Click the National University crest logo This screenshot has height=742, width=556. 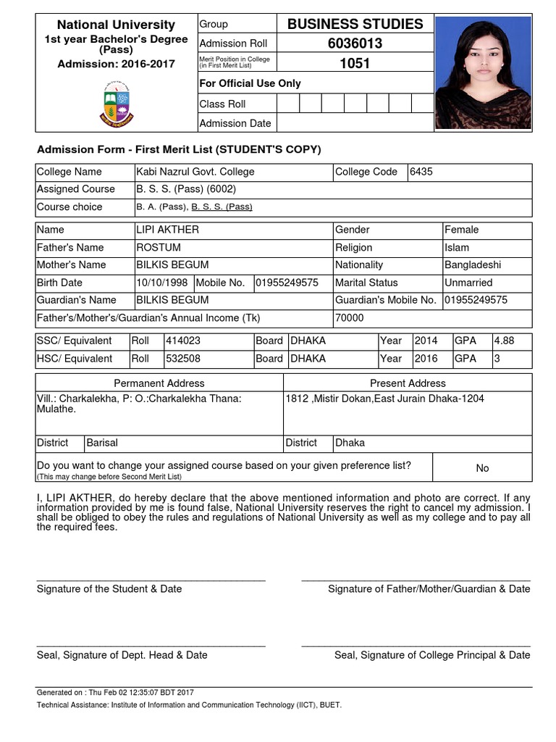[116, 104]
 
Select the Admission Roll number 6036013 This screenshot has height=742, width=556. [355, 43]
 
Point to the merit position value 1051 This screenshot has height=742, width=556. [355, 63]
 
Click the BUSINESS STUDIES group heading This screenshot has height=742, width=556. [355, 24]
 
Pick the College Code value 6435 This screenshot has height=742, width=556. [421, 172]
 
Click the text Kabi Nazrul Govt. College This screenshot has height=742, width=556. [195, 172]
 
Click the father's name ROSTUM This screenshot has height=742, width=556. [159, 247]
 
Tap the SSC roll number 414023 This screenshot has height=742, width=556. [183, 341]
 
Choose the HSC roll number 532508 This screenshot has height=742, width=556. [183, 358]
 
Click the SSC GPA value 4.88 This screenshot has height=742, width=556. [504, 341]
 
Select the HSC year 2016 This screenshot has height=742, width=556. [426, 358]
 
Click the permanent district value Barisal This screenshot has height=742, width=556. [102, 442]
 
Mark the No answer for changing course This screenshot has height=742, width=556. [482, 468]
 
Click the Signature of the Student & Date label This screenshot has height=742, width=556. [109, 589]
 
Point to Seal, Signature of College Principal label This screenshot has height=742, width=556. [432, 655]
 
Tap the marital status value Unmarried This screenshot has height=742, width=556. [468, 283]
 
